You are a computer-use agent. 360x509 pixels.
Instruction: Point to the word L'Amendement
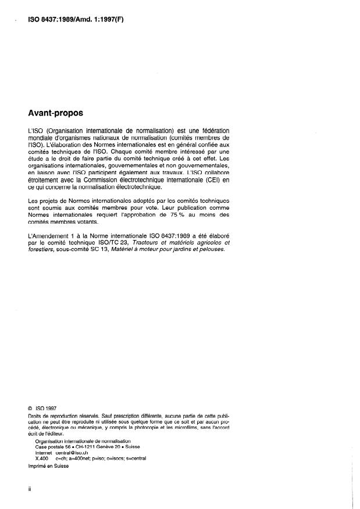(x=50, y=235)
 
